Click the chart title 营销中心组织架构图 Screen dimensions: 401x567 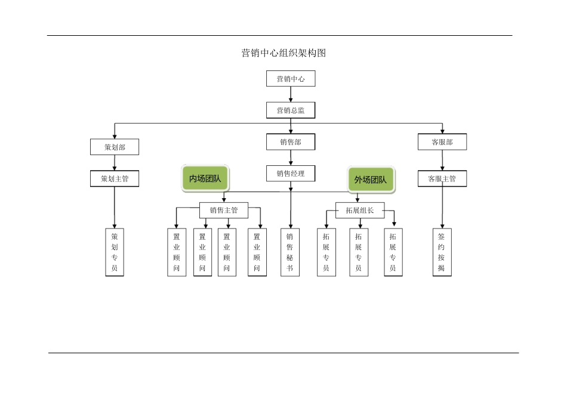[x=283, y=53]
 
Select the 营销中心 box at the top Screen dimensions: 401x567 [x=291, y=79]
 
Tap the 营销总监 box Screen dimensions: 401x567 [x=291, y=110]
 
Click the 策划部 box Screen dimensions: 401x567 [x=115, y=147]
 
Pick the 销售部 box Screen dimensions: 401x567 [x=291, y=142]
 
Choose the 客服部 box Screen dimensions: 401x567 [x=442, y=142]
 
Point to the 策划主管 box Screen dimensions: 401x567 [x=115, y=178]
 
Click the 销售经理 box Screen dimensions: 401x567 [x=291, y=174]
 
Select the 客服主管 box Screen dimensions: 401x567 [x=442, y=178]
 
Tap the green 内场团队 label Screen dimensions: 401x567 [x=205, y=179]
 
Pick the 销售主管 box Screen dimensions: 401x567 [x=224, y=210]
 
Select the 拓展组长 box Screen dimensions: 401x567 [x=360, y=210]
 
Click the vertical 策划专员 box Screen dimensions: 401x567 [x=115, y=252]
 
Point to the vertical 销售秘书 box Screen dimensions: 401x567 [x=290, y=252]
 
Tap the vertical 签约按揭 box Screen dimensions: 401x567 [x=442, y=252]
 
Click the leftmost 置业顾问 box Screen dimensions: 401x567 [x=177, y=252]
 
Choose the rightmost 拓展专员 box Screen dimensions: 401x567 [x=393, y=252]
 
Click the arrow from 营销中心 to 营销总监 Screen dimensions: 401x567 [x=291, y=94]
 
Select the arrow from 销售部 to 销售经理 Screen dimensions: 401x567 [x=291, y=158]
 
